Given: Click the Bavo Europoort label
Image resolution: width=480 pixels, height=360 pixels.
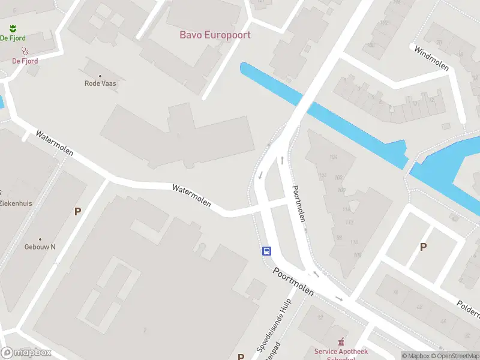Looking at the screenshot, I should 215,35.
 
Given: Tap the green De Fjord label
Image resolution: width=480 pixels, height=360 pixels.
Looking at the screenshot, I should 12,38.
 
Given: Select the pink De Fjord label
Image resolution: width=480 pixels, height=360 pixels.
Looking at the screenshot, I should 25,61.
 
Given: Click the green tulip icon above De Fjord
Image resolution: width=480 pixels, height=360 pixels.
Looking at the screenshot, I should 13,28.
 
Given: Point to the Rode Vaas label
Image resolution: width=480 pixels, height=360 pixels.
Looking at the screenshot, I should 100,83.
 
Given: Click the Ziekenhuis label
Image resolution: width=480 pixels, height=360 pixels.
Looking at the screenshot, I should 16,203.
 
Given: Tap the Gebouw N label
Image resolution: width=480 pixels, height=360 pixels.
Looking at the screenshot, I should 40,247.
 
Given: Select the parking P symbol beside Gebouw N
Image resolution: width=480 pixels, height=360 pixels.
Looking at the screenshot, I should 77,211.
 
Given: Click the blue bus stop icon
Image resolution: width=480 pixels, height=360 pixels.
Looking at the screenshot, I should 266,251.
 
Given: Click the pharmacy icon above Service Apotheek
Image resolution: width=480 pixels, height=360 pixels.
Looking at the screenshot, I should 342,341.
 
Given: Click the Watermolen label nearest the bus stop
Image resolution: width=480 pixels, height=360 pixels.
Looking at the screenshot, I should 191,196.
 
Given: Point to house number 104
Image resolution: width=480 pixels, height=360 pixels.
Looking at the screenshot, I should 334,157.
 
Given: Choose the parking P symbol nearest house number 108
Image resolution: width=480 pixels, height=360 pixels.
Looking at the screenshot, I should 423,247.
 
